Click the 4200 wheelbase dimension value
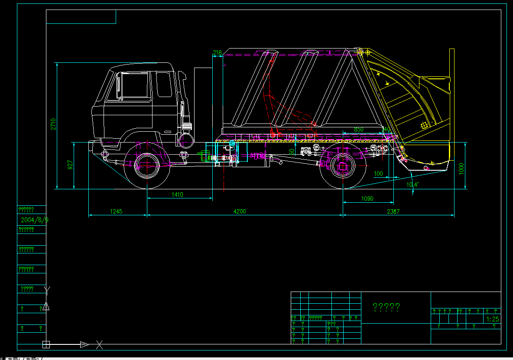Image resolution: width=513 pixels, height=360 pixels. tap(239, 211)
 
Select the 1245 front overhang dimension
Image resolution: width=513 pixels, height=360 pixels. tap(116, 211)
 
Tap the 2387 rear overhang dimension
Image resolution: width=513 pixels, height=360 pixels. tap(393, 211)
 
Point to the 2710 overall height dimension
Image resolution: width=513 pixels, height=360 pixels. tap(53, 124)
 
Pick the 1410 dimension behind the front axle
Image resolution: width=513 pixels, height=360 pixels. tap(177, 195)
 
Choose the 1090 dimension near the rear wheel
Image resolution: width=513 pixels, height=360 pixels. tap(367, 199)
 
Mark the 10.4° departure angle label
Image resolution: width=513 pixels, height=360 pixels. tap(412, 185)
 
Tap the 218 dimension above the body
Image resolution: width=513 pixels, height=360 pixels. tap(217, 52)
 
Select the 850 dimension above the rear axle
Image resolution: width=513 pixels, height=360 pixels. tap(359, 129)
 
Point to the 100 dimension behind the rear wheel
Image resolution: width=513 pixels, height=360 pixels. tap(378, 174)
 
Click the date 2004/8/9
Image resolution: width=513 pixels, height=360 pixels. tap(35, 220)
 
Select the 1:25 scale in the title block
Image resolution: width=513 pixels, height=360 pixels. tap(493, 319)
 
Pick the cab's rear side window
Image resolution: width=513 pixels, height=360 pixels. tap(164, 84)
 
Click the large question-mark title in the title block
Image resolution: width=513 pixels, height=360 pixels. tap(386, 307)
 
